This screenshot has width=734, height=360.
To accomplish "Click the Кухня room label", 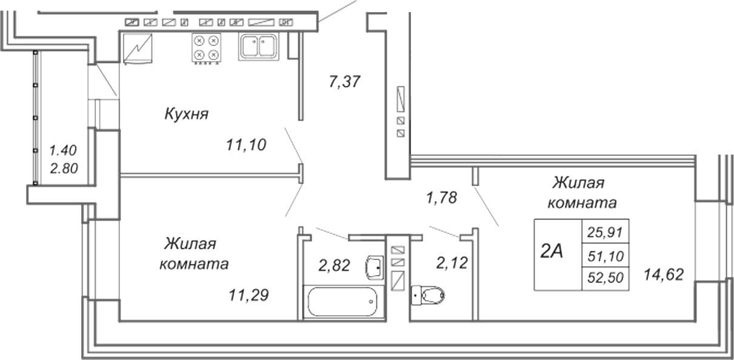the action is point(187,114).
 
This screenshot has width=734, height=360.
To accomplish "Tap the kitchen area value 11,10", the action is point(246,145).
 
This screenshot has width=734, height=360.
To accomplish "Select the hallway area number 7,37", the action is point(344,82).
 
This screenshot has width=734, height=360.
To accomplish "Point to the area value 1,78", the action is point(441,198).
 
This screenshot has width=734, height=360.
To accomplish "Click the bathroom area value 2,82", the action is point(334,265).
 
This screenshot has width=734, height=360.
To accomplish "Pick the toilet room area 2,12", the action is point(452,263).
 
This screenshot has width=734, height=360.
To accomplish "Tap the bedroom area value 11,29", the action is point(249,295).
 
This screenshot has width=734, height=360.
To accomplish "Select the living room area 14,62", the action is point(664,275).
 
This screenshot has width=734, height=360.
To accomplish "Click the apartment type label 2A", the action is point(552,252).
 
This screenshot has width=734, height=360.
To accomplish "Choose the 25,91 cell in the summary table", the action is point(605,232).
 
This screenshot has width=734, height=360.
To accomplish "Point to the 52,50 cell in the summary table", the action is point(606,278).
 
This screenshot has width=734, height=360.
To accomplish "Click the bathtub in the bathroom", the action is point(342,302).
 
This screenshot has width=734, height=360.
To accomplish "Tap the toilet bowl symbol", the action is point(428,295).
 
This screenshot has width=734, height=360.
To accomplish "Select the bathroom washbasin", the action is point(374,268).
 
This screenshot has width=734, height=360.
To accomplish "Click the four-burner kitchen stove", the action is point(207,48).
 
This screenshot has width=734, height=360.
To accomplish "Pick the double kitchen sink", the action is point(259,47).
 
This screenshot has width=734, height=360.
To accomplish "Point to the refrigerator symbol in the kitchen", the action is point(138,48).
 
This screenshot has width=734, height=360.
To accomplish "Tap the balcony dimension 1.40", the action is point(63,151).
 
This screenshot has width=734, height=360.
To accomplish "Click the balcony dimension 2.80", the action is point(64,168).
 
